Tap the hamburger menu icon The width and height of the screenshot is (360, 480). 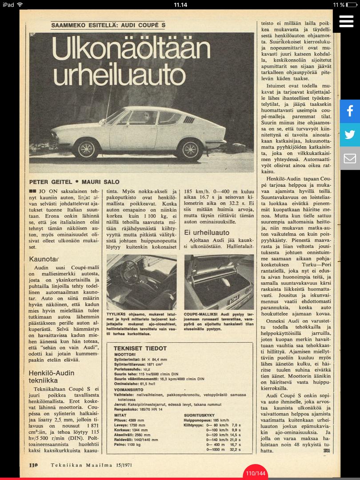pyautogui.click(x=346, y=21)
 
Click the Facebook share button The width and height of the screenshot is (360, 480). pyautogui.click(x=350, y=111)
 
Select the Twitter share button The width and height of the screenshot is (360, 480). pyautogui.click(x=350, y=135)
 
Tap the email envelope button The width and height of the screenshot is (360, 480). pyautogui.click(x=350, y=158)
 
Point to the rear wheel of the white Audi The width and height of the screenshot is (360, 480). pyautogui.click(x=190, y=149)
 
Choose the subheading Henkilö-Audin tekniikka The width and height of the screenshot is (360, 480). pyautogui.click(x=51, y=377)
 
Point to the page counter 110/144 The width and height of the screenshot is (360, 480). pyautogui.click(x=255, y=473)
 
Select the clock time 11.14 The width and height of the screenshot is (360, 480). pyautogui.click(x=180, y=4)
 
